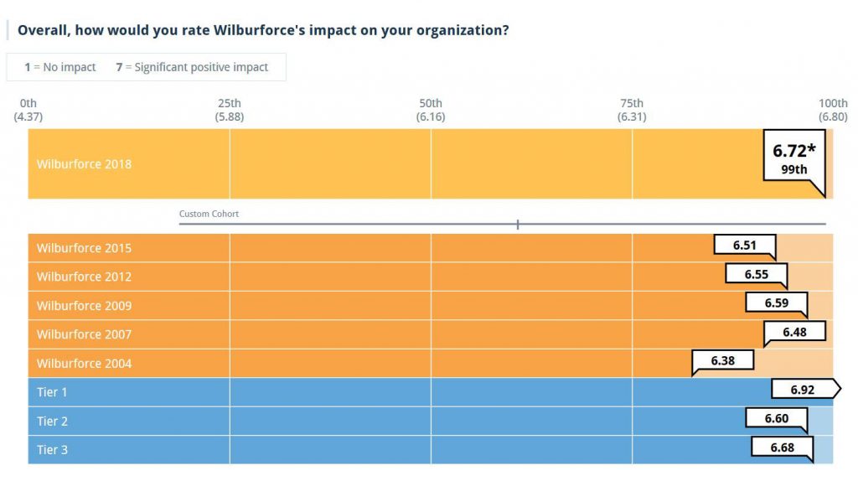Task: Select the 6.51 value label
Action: (744, 246)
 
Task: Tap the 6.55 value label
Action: (756, 274)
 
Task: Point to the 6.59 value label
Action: (776, 303)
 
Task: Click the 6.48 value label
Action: (794, 332)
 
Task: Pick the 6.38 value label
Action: (722, 360)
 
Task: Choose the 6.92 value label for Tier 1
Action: (803, 390)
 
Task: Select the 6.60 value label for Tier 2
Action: (776, 418)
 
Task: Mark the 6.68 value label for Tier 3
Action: (782, 447)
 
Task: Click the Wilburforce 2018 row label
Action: (84, 164)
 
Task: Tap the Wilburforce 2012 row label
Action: (84, 277)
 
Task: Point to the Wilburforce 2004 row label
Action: (84, 364)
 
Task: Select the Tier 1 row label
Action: (52, 392)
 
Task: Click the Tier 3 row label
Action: (52, 450)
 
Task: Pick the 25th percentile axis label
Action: (230, 110)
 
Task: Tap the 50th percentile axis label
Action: (431, 110)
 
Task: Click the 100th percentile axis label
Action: (833, 110)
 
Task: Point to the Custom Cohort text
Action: (209, 215)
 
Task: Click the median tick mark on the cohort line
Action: (518, 224)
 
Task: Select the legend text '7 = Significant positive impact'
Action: (192, 67)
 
